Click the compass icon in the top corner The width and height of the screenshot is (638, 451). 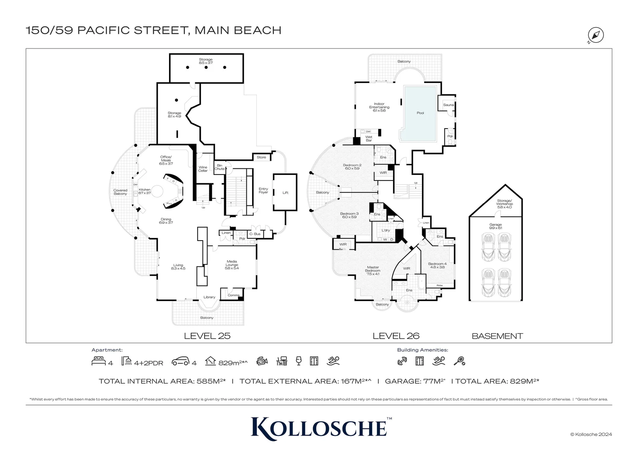596,35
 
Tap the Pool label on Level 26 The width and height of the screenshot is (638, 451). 420,113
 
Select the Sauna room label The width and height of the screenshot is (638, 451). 448,105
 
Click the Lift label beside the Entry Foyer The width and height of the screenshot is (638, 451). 285,193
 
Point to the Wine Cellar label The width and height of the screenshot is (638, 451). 203,169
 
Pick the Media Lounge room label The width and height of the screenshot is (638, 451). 232,265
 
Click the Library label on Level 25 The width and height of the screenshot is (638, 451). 209,297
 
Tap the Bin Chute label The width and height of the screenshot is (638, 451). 220,167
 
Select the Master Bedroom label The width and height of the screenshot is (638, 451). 373,271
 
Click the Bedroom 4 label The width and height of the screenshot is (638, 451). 437,265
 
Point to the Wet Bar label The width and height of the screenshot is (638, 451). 369,139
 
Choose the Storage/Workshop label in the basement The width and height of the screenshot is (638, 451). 504,204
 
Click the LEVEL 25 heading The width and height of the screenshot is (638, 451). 207,336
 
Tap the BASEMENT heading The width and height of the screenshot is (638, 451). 497,336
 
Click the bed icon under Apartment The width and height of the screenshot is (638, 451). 99,361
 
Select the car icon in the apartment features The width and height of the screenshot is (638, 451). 181,361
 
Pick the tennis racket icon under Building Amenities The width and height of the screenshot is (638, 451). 459,361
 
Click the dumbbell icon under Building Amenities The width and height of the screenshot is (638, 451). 402,361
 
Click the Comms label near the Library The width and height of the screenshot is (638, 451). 233,295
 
